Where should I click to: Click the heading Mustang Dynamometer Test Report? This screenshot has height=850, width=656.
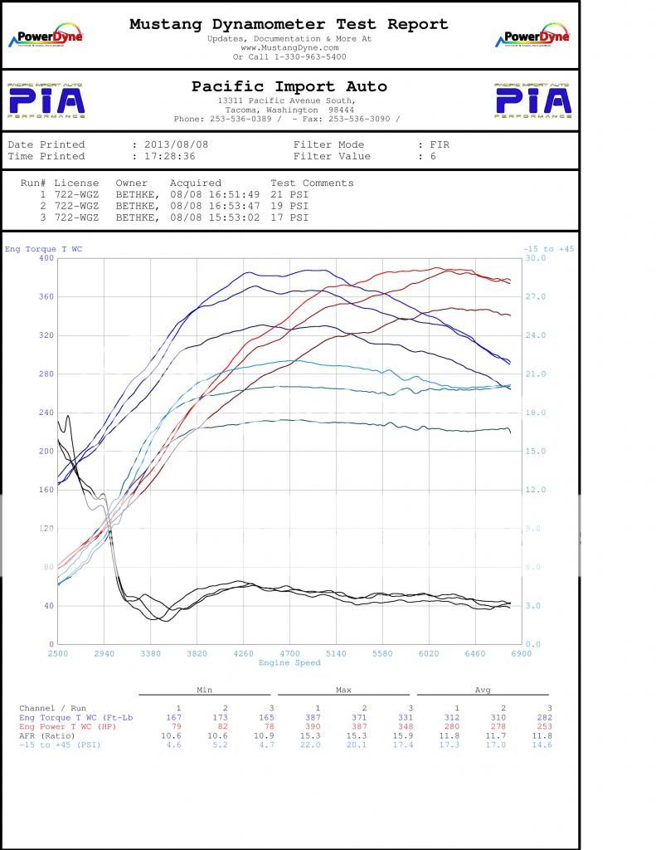click(x=289, y=25)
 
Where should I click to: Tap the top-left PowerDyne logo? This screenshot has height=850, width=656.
click(x=45, y=37)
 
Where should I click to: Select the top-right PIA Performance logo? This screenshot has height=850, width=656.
click(x=533, y=100)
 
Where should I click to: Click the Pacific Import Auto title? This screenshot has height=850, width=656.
click(x=289, y=86)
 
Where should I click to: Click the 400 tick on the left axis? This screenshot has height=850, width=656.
click(x=46, y=258)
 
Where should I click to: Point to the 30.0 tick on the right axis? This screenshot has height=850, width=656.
click(x=536, y=258)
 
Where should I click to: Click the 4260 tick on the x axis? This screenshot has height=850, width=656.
click(x=243, y=654)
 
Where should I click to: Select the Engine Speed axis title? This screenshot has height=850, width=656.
click(x=289, y=662)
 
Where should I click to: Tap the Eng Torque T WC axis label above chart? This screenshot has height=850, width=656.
click(x=43, y=249)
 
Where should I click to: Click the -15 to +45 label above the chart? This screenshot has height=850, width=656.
click(x=548, y=249)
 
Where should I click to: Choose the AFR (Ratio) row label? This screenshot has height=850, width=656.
click(x=48, y=735)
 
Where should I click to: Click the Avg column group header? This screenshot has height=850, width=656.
click(x=483, y=690)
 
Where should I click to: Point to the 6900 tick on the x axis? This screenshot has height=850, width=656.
click(x=521, y=654)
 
